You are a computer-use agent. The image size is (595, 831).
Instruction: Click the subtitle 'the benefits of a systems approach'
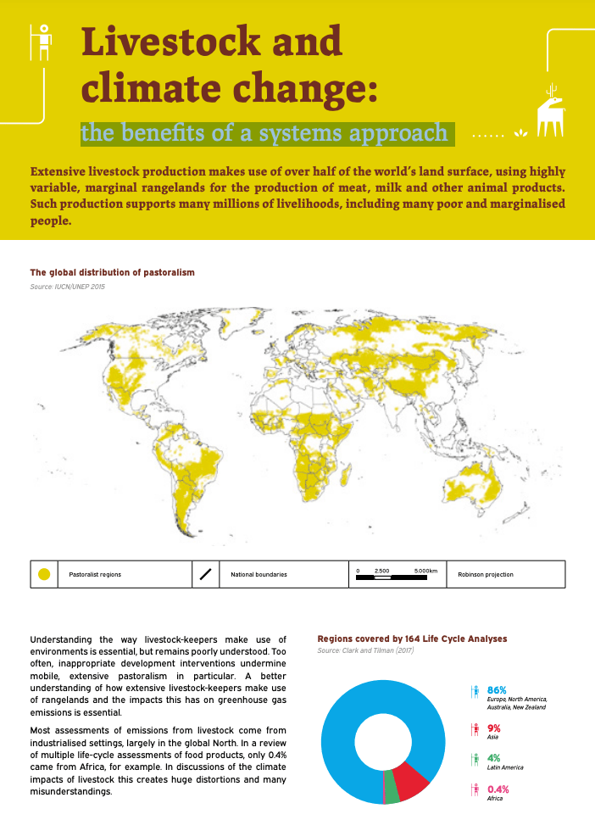coord(264,133)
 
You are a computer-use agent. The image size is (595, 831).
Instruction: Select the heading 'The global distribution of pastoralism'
coord(113,272)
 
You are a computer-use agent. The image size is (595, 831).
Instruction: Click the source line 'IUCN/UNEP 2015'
coord(68,287)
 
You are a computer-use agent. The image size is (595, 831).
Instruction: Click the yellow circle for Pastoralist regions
coord(45,574)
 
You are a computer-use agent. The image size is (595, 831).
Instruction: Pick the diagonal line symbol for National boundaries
coord(205,574)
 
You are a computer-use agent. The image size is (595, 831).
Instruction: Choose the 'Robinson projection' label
coord(485,574)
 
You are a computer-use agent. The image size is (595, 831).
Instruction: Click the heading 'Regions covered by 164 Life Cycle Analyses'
coord(412,638)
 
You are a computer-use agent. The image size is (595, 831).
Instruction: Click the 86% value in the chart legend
coord(497,689)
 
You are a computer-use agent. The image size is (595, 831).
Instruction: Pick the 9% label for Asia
coord(494,728)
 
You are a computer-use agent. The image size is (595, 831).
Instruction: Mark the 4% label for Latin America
coord(494,758)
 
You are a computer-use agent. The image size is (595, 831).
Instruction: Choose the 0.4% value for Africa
coord(498,789)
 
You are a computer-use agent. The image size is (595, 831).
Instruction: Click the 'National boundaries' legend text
coord(259,574)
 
